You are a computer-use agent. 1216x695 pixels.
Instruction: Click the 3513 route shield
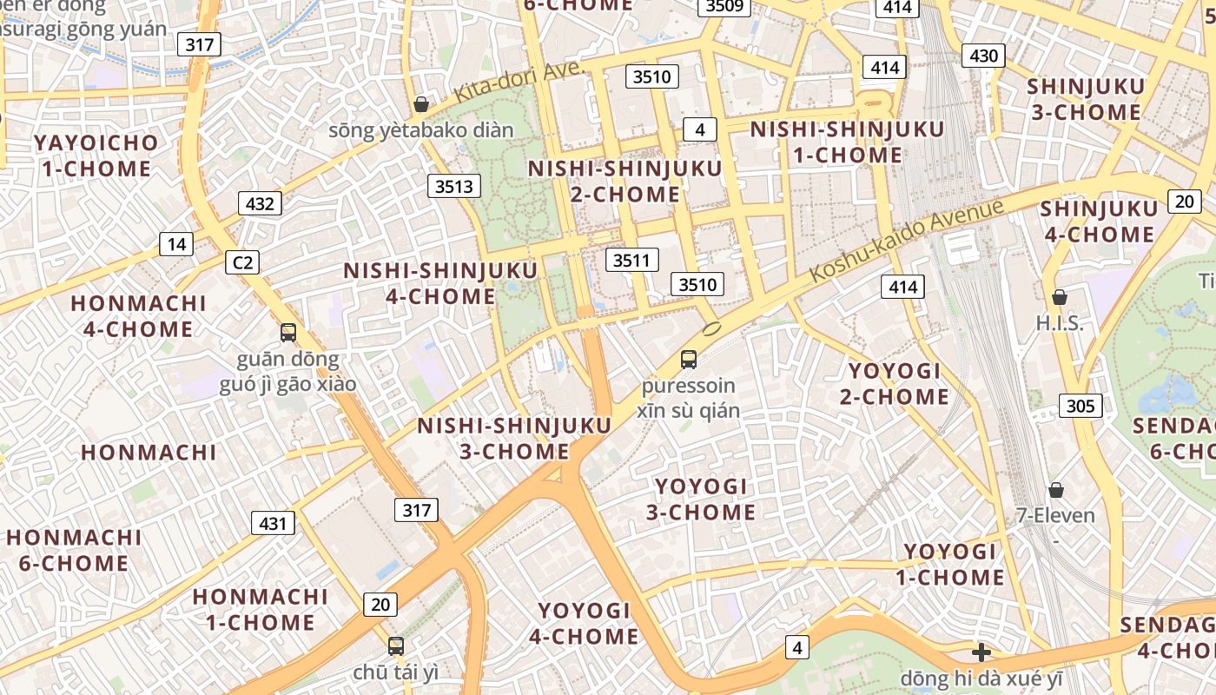[454, 186]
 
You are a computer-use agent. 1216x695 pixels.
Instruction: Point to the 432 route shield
[260, 204]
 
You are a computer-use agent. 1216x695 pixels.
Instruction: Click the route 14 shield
[176, 244]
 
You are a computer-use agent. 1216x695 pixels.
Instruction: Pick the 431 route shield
[273, 523]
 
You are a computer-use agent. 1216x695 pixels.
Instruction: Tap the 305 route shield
[1081, 406]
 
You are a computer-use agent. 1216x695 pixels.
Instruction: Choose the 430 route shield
[983, 56]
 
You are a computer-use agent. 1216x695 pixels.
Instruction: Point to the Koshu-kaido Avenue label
[907, 240]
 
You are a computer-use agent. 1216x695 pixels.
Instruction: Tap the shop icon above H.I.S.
[1060, 298]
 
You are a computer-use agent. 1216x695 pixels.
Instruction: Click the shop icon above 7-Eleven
[1056, 490]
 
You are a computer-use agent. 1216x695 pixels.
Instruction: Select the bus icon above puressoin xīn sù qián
[688, 359]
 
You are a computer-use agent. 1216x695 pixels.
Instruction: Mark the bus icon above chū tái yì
[396, 646]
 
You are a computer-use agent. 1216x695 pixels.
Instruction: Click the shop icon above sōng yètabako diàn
[421, 104]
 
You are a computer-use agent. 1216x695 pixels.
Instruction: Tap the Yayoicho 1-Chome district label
[96, 156]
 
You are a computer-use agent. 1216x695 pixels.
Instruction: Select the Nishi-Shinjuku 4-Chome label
[440, 283]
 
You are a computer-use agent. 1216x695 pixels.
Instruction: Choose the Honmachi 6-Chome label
[74, 550]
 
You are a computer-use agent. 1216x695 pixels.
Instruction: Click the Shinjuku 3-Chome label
[1085, 99]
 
